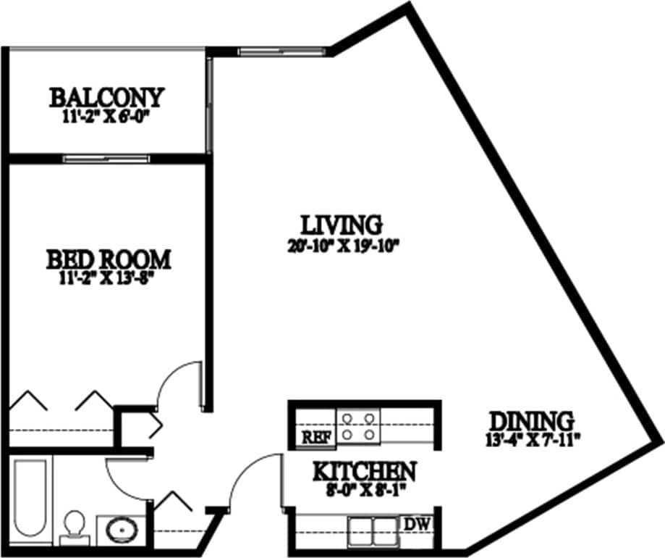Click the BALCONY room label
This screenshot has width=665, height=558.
[106, 96]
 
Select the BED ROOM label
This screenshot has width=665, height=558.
[109, 259]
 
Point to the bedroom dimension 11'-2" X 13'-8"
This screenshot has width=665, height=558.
[109, 278]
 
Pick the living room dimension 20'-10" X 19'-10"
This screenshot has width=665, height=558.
[342, 243]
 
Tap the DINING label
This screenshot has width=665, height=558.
[531, 420]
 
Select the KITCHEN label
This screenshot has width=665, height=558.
[364, 472]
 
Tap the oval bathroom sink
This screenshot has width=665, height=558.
[122, 530]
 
